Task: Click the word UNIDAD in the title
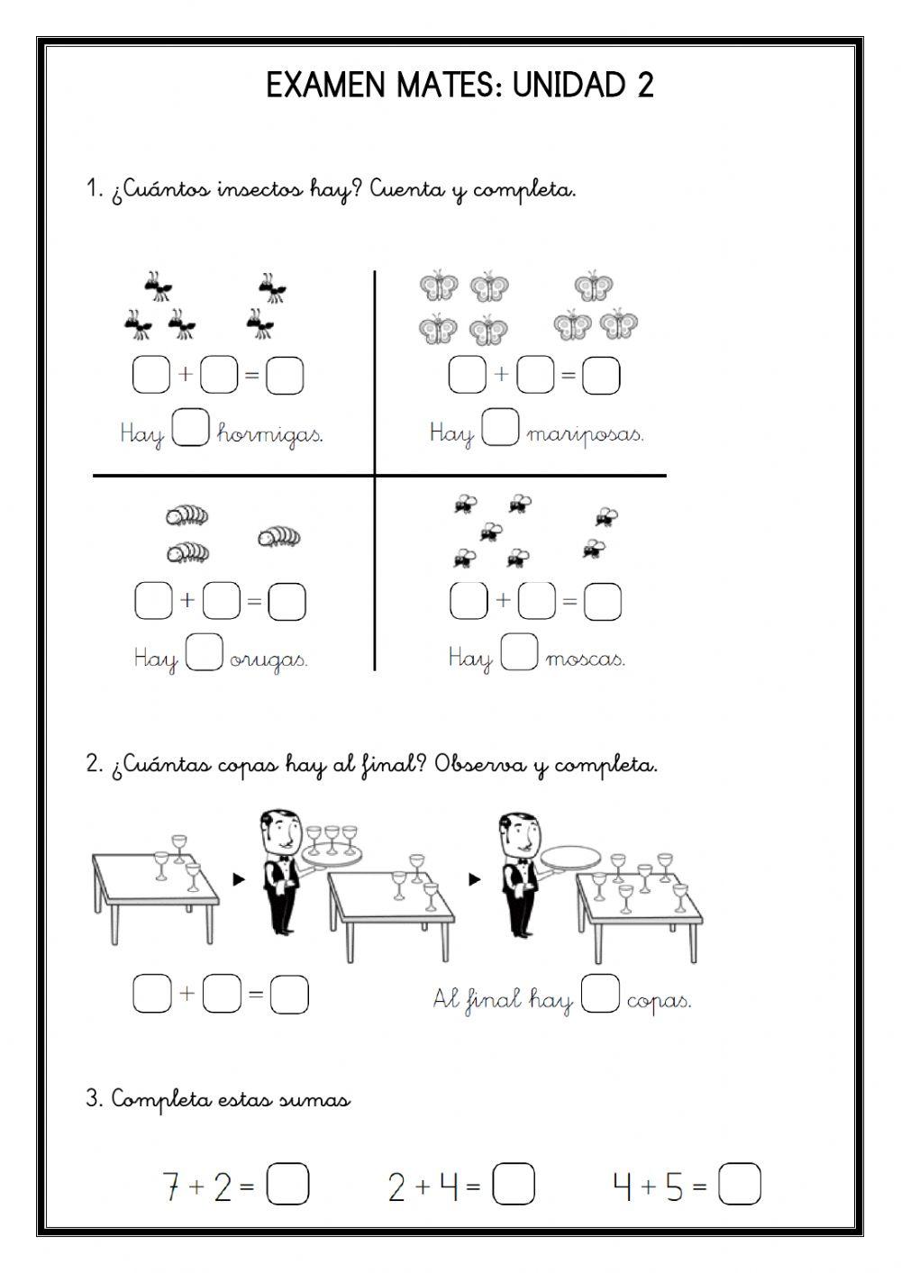[569, 86]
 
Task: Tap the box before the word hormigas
[190, 428]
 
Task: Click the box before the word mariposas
[500, 428]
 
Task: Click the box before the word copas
[600, 995]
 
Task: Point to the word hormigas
[269, 435]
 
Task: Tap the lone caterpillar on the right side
[279, 537]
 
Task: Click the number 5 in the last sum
[675, 1187]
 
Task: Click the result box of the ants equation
[285, 376]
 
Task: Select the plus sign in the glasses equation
[187, 994]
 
